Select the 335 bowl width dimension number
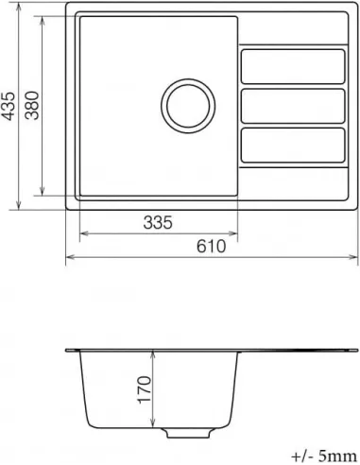pyautogui.click(x=157, y=223)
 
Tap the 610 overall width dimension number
pyautogui.click(x=212, y=248)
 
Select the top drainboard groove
pyautogui.click(x=292, y=66)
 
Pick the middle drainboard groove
pyautogui.click(x=292, y=105)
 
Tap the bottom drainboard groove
pyautogui.click(x=292, y=142)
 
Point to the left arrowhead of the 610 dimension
pyautogui.click(x=69, y=256)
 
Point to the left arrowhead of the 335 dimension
pyautogui.click(x=78, y=232)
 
